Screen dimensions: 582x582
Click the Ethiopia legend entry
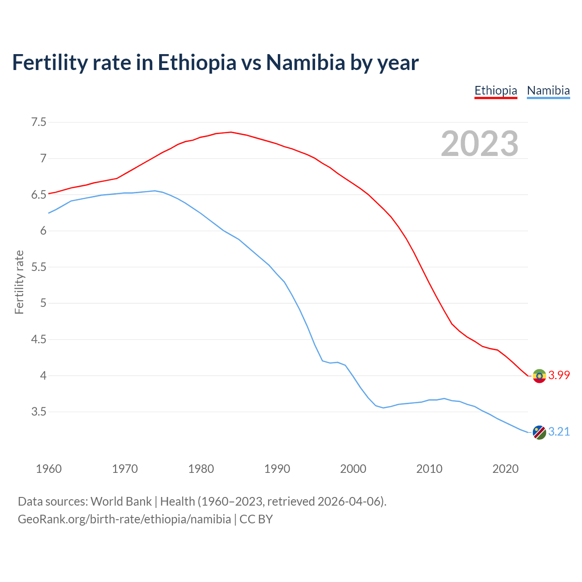click(x=496, y=90)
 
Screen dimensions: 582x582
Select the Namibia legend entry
click(x=548, y=90)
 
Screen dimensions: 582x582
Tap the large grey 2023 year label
click(x=480, y=144)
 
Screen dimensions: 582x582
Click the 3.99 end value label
click(x=559, y=376)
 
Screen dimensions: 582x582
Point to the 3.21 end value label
click(x=559, y=431)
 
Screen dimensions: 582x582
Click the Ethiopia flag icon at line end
click(x=539, y=376)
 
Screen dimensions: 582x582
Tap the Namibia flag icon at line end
click(x=539, y=432)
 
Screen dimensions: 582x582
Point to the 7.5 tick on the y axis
click(x=39, y=122)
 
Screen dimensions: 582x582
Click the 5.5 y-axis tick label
click(x=39, y=267)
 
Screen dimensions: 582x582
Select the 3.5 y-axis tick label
click(x=39, y=412)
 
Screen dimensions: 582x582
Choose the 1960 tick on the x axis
click(x=49, y=469)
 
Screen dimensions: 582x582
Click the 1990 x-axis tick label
click(x=277, y=469)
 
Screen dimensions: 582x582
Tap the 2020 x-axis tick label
click(x=505, y=469)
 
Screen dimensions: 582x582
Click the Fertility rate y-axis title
click(x=19, y=282)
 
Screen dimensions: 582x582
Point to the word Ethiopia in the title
click(x=197, y=63)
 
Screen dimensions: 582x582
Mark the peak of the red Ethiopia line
click(x=231, y=132)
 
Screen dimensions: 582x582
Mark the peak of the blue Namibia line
click(x=155, y=191)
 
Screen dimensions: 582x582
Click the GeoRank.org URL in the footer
click(x=124, y=519)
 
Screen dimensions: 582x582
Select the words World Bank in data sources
click(x=121, y=502)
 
